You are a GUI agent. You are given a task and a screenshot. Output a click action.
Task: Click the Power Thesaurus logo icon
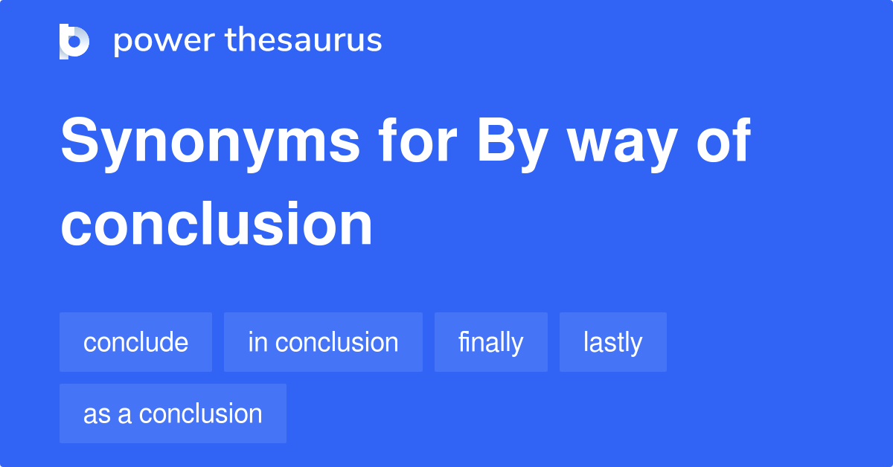pos(74,41)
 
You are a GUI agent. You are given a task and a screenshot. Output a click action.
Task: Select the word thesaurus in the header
pos(304,41)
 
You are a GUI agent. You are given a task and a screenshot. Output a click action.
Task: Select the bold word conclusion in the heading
pos(216,224)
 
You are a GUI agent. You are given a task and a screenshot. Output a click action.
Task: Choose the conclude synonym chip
pos(135,342)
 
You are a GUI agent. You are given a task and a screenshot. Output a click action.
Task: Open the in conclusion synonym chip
pos(323,342)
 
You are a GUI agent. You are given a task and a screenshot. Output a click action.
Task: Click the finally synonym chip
pos(490,342)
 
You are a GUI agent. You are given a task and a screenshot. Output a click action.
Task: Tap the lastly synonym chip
pos(612,342)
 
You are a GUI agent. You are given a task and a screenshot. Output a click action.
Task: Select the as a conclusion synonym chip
pos(173,413)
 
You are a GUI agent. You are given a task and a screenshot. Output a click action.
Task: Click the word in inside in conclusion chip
pos(257,342)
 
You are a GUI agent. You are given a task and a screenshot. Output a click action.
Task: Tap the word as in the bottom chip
pos(95,414)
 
